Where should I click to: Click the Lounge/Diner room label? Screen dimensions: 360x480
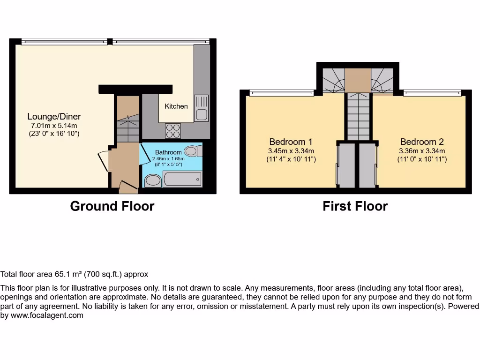(54, 117)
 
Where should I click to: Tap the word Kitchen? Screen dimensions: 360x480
(176, 106)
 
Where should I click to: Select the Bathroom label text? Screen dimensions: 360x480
(168, 152)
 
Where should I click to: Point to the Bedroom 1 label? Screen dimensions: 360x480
(291, 142)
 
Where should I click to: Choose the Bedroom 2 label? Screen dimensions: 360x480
(422, 142)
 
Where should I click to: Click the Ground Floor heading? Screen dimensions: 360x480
(112, 206)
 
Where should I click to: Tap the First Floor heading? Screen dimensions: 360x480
(355, 206)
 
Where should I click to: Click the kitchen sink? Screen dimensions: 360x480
(202, 108)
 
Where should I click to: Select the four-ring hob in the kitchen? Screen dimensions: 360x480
(173, 131)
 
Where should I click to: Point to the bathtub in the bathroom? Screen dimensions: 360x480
(182, 180)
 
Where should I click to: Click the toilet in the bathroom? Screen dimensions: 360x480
(192, 151)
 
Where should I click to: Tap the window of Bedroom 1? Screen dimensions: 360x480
(281, 93)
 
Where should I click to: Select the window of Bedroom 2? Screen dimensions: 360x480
(432, 93)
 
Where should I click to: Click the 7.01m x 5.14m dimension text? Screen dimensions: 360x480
(53, 126)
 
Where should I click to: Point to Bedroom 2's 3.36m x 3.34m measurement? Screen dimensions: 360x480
(422, 151)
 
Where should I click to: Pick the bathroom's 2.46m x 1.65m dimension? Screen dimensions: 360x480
(168, 159)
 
